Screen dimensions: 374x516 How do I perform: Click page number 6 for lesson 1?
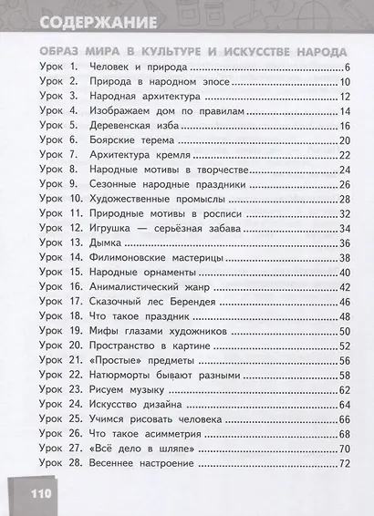(348, 68)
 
